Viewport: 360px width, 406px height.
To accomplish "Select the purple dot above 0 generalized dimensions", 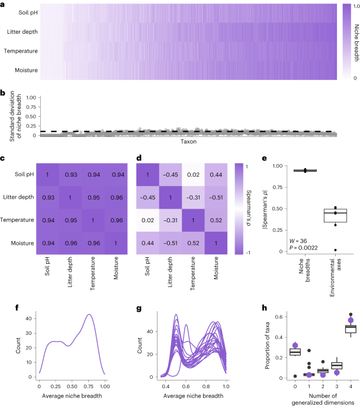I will click(x=279, y=345).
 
